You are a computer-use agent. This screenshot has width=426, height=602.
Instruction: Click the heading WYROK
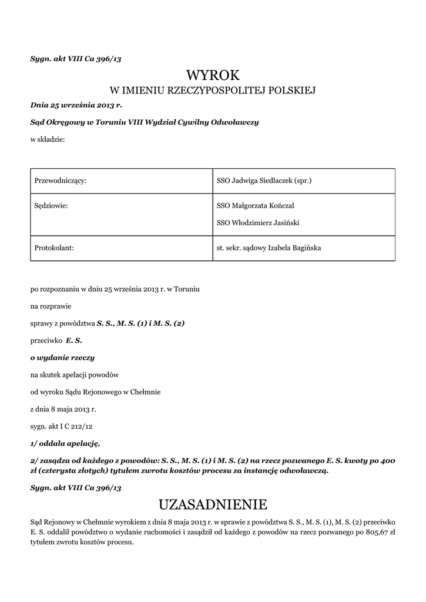pyautogui.click(x=213, y=75)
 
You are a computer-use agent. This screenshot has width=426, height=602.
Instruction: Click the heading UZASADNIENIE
pyautogui.click(x=213, y=504)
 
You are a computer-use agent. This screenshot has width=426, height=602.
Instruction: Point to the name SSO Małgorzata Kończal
pyautogui.click(x=256, y=206)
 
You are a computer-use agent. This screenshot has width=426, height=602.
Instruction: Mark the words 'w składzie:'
pyautogui.click(x=48, y=139)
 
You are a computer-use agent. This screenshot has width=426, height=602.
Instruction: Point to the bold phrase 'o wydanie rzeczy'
pyautogui.click(x=62, y=357)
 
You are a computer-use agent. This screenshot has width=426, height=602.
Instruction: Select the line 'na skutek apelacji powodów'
pyautogui.click(x=75, y=374)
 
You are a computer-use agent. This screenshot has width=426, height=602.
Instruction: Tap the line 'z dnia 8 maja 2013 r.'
pyautogui.click(x=63, y=409)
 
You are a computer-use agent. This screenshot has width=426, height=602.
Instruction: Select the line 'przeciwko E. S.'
pyautogui.click(x=56, y=340)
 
